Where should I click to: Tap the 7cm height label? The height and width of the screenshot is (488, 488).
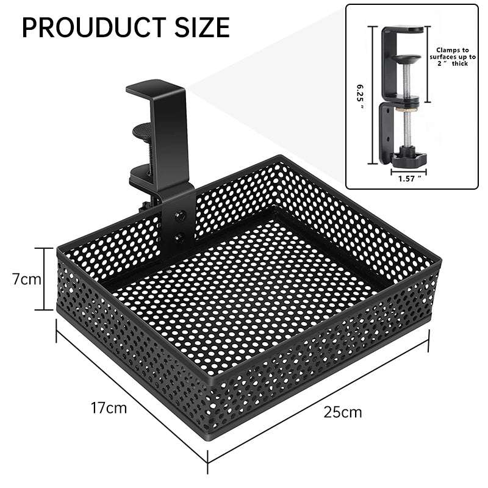[x=27, y=279]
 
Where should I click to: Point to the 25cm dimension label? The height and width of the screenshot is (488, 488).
[x=342, y=412]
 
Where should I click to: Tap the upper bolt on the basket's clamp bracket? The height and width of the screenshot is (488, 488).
[x=180, y=215]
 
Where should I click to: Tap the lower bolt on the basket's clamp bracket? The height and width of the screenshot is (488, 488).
[x=180, y=237]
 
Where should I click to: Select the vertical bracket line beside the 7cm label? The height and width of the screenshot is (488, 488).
[x=44, y=279]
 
